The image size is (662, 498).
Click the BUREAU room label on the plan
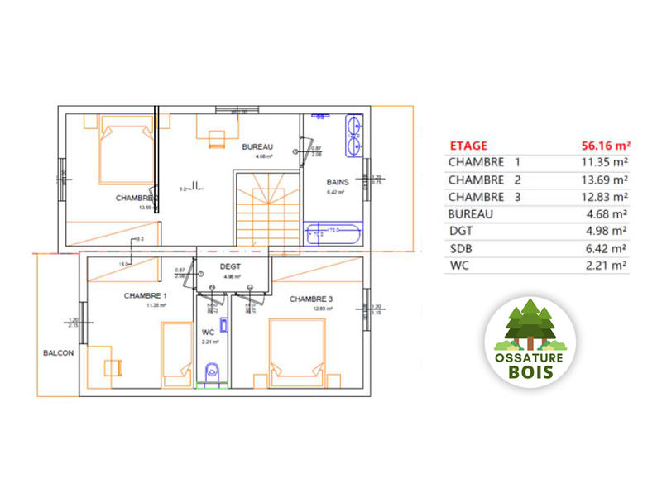pyautogui.click(x=257, y=146)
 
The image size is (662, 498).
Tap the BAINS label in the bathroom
pyautogui.click(x=335, y=181)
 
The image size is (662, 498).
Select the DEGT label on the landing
pyautogui.click(x=230, y=266)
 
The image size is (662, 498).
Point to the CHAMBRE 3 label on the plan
pyautogui.click(x=311, y=299)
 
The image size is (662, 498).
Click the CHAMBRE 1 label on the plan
pyautogui.click(x=146, y=295)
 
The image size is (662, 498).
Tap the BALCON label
pyautogui.click(x=59, y=352)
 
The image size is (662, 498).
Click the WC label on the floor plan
pyautogui.click(x=208, y=332)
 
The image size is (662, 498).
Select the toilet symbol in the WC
pyautogui.click(x=213, y=372)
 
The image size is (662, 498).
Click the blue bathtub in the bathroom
pyautogui.click(x=334, y=232)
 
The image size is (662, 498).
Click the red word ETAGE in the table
pyautogui.click(x=468, y=145)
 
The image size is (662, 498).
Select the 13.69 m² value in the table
pyautogui.click(x=602, y=180)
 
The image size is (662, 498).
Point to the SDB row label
pyautogui.click(x=460, y=248)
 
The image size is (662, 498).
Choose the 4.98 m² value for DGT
pyautogui.click(x=606, y=231)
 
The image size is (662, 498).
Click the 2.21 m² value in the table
pyautogui.click(x=606, y=266)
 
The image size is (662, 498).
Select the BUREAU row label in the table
pyautogui.click(x=471, y=213)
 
